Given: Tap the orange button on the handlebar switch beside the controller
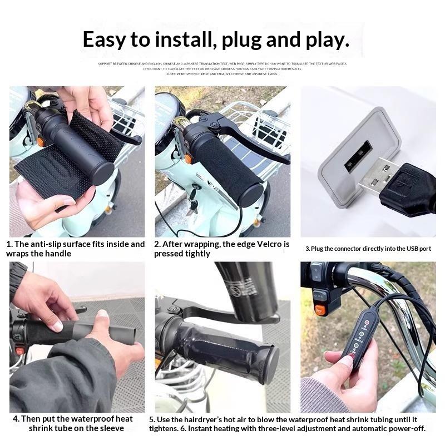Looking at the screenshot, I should pyautogui.click(x=320, y=310).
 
